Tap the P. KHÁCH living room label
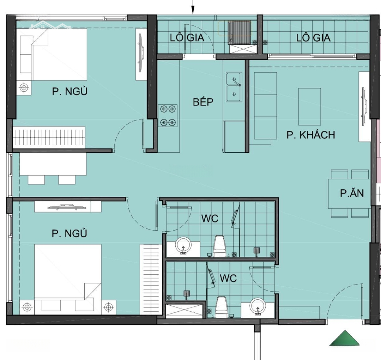click(310, 134)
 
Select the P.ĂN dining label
click(352, 193)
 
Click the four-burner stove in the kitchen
click(168, 116)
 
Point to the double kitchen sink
click(234, 87)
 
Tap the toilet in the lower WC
click(221, 307)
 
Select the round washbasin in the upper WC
click(183, 245)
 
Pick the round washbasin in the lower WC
click(258, 306)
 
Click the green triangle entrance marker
click(345, 338)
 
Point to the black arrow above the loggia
click(193, 7)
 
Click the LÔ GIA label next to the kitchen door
click(187, 38)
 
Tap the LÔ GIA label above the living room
click(314, 38)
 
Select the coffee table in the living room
click(309, 106)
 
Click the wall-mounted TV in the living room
click(363, 107)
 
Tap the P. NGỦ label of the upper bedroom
click(69, 91)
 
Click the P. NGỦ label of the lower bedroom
click(69, 233)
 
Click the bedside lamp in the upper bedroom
click(24, 87)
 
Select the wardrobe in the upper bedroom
click(49, 137)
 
